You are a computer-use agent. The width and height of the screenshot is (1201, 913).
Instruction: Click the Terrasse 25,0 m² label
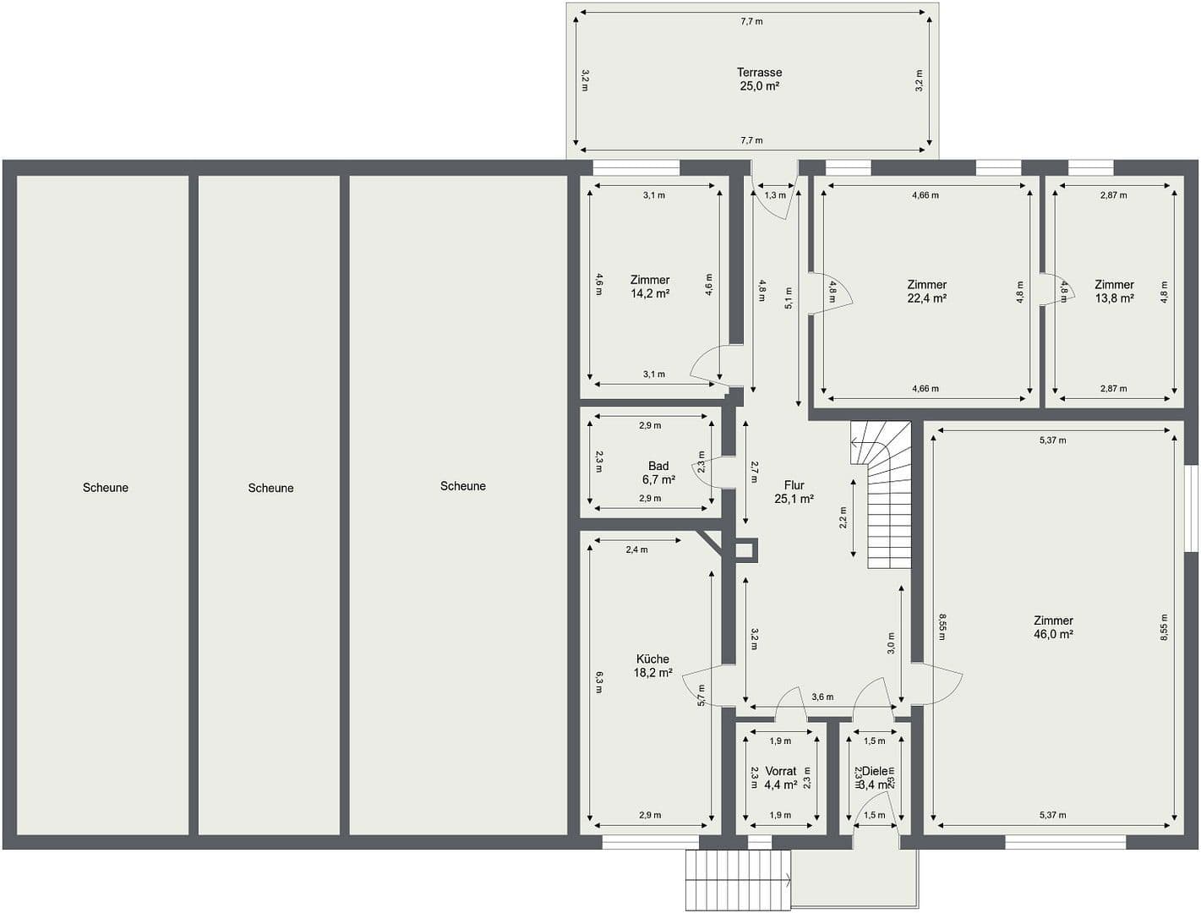[758, 79]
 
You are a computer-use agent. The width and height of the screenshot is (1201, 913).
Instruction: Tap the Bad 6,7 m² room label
[658, 473]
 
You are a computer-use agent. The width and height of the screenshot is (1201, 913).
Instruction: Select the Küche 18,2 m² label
[652, 666]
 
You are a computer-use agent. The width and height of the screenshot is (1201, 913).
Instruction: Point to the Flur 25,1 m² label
[794, 492]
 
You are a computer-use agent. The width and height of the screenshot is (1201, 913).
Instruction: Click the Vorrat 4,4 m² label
[780, 778]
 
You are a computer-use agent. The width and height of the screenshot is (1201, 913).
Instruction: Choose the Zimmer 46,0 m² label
[1053, 627]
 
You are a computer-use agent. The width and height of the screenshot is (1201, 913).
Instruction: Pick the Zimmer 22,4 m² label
[926, 292]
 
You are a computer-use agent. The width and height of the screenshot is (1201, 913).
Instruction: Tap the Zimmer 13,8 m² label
[1114, 292]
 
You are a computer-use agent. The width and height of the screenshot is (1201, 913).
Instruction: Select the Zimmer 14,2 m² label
[650, 287]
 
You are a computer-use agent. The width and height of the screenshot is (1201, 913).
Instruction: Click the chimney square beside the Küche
[746, 551]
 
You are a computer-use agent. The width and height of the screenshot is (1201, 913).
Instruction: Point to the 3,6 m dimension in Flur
[822, 697]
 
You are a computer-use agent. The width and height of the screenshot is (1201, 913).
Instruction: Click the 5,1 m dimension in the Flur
[789, 298]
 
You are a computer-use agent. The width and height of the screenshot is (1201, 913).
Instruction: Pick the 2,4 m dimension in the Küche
[636, 549]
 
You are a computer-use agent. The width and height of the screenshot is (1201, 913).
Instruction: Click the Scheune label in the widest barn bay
[462, 486]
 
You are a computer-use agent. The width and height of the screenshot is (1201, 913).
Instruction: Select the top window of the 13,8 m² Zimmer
[1090, 167]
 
